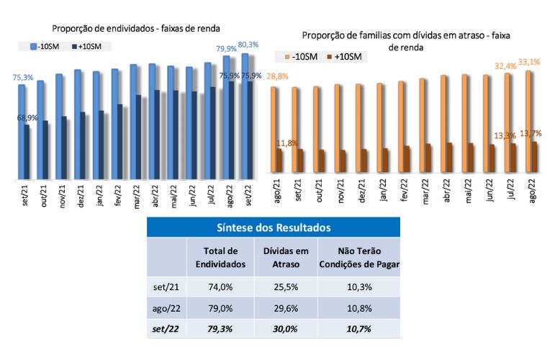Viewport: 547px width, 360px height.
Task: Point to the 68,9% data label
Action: click(x=27, y=117)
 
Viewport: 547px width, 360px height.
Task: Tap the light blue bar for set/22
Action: click(x=245, y=115)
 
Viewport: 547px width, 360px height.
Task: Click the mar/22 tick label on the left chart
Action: click(x=136, y=194)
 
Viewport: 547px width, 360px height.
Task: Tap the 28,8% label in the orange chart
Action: click(x=277, y=76)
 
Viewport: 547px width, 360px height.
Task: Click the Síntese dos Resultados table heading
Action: click(x=273, y=228)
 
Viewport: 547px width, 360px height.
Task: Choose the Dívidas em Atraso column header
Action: click(x=286, y=258)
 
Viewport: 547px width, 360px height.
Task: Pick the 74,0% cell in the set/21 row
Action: click(x=220, y=287)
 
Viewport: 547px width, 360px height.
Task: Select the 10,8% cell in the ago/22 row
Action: click(x=358, y=307)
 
